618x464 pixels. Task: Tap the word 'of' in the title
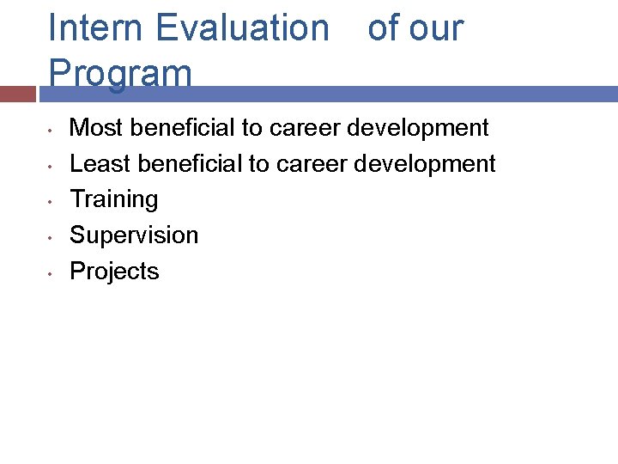coord(383,28)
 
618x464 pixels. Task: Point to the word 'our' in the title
coord(436,28)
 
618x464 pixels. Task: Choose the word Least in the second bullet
coord(100,163)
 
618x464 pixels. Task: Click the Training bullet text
coord(114,199)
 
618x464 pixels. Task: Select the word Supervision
coord(134,235)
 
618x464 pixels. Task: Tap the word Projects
coord(114,272)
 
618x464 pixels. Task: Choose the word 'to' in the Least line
coord(259,163)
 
